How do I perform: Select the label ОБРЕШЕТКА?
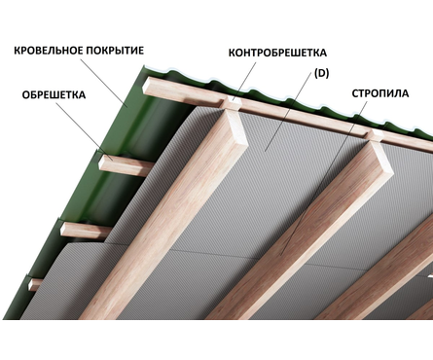point(54,95)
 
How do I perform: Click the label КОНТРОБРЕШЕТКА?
point(277,53)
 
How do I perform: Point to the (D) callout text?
point(321,74)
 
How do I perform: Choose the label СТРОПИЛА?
point(380,93)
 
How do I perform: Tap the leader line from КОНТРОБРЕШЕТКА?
point(245,82)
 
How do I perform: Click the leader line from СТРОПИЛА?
point(324,178)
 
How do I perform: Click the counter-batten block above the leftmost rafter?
point(233,103)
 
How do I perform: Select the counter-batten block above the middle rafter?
point(375,135)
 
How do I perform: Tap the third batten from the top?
point(85,230)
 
